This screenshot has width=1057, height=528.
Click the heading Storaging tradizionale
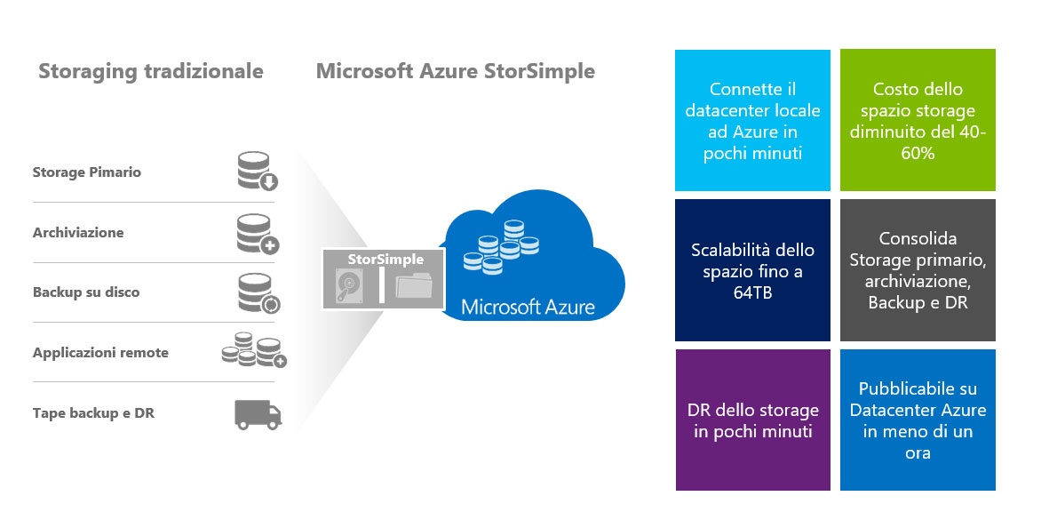click(x=150, y=71)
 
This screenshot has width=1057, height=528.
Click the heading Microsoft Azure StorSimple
click(x=455, y=71)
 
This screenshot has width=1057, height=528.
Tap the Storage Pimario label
click(x=86, y=172)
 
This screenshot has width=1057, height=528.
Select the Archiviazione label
click(x=78, y=232)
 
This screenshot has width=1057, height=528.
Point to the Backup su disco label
click(x=85, y=292)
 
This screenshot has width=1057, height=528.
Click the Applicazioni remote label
click(x=100, y=352)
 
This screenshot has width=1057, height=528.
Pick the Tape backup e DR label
click(x=93, y=412)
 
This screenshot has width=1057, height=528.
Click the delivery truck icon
click(x=258, y=414)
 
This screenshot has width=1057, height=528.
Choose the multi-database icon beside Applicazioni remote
click(x=253, y=351)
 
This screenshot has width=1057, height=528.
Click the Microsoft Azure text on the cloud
click(x=528, y=308)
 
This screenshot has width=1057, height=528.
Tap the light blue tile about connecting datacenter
click(x=752, y=120)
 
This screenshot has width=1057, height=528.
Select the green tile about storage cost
click(x=918, y=120)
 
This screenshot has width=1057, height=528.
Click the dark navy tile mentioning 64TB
click(x=752, y=270)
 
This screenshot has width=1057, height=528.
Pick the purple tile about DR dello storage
click(x=752, y=420)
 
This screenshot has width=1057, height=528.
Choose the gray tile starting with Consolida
click(x=918, y=270)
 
